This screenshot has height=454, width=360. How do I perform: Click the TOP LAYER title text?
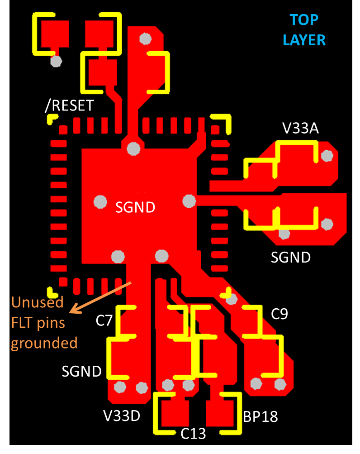pyautogui.click(x=304, y=30)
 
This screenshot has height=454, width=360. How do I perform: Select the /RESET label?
pyautogui.click(x=69, y=105)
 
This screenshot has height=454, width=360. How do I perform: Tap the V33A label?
pyautogui.click(x=300, y=129)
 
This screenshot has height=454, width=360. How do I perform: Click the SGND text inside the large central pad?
pyautogui.click(x=135, y=207)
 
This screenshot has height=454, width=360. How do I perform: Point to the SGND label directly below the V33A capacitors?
pyautogui.click(x=290, y=257)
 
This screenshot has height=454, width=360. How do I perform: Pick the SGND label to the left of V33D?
pyautogui.click(x=81, y=371)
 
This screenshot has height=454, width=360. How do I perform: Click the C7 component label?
pyautogui.click(x=104, y=320)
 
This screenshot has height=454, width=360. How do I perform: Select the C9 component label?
pyautogui.click(x=279, y=314)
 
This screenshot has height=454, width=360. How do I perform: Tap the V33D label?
pyautogui.click(x=122, y=416)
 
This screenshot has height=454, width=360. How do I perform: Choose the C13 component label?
pyautogui.click(x=193, y=434)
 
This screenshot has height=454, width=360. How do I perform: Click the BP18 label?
pyautogui.click(x=260, y=416)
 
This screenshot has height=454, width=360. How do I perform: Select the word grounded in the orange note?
pyautogui.click(x=44, y=343)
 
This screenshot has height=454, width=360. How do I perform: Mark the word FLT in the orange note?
pyautogui.click(x=22, y=322)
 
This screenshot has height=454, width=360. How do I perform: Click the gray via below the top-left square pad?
pyautogui.click(x=56, y=61)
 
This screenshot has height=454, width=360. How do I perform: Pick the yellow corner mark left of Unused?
pyautogui.click(x=51, y=290)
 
